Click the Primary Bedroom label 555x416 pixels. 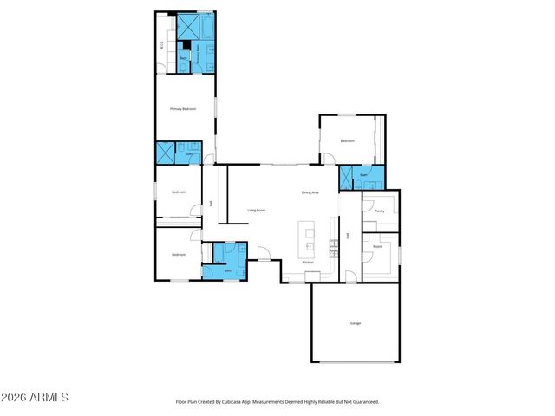tap(183, 109)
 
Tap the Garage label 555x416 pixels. tap(356, 323)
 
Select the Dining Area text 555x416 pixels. tap(310, 192)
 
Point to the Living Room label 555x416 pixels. tap(256, 210)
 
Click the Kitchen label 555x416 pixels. tap(307, 261)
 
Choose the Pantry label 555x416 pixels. tap(379, 211)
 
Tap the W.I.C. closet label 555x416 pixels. tap(162, 45)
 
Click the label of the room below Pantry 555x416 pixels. tap(378, 247)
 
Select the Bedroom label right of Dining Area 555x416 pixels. tap(347, 140)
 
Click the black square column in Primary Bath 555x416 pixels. tap(186, 45)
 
